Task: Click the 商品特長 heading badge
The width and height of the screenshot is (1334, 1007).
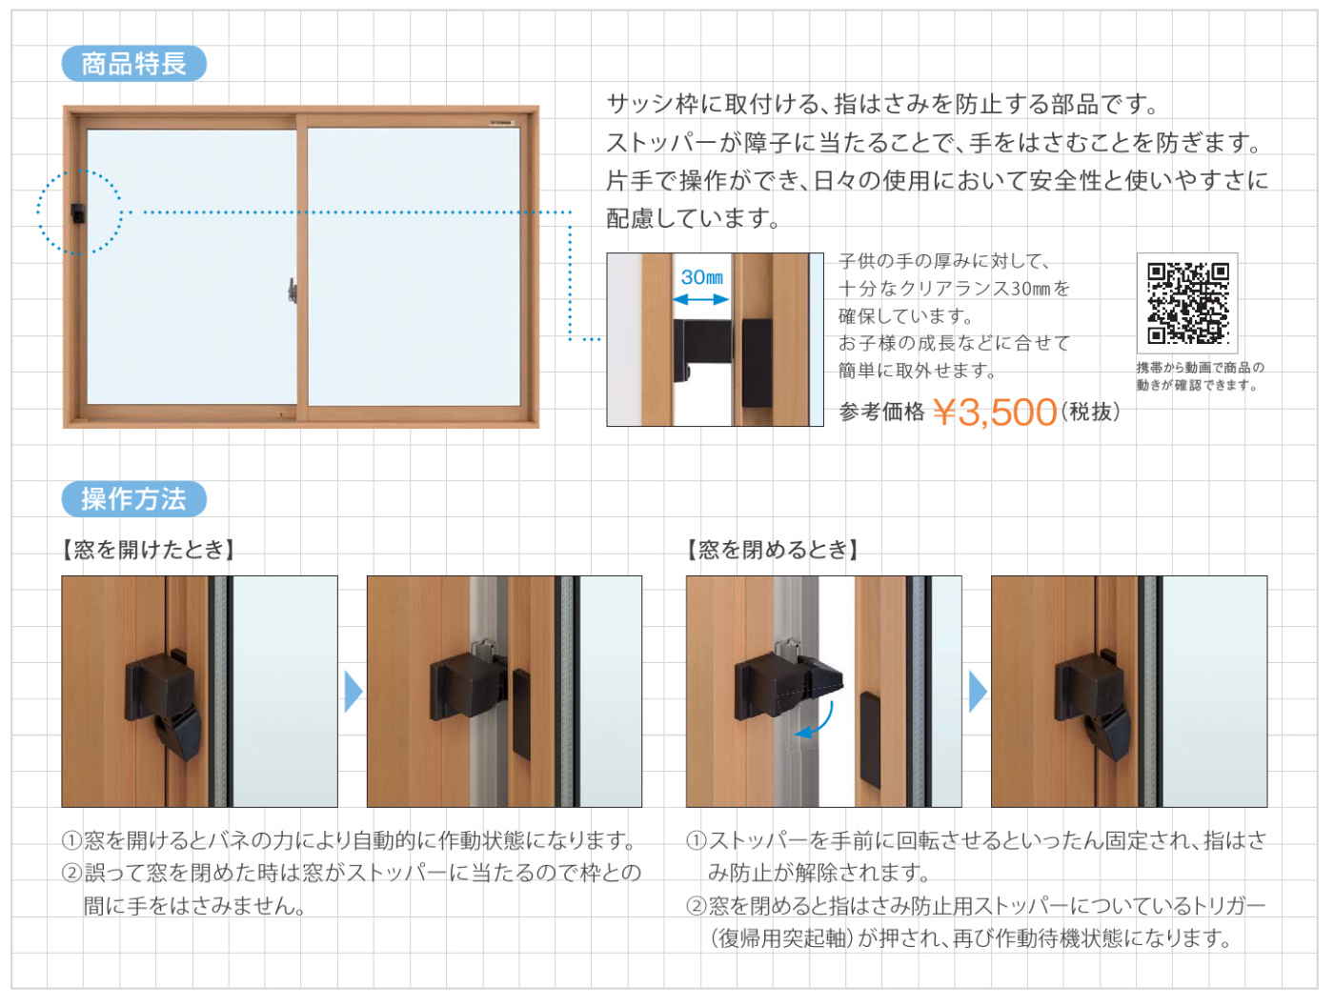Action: [133, 63]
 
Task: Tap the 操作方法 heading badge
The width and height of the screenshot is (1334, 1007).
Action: [133, 498]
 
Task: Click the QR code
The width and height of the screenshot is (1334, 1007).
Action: [1187, 303]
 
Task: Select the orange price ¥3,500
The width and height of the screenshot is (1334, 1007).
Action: [995, 412]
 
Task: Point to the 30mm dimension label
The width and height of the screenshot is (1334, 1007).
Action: [702, 277]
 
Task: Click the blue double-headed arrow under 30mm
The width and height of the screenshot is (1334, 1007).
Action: [700, 299]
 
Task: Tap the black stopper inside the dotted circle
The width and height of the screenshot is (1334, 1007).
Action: [78, 212]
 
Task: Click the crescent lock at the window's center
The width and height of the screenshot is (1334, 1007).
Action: [293, 291]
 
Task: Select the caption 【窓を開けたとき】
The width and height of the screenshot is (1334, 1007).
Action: [149, 549]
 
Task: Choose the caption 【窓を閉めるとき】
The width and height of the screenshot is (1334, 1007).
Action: [773, 549]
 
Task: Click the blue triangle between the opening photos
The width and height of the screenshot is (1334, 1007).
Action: [354, 691]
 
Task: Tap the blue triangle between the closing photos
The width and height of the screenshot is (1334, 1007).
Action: [978, 691]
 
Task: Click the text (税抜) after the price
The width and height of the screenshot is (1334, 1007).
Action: [1090, 412]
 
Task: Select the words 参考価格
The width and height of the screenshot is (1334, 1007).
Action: [881, 412]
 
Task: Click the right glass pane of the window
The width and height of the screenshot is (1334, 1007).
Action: [414, 267]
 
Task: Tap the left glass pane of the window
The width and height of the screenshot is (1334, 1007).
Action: [192, 267]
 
